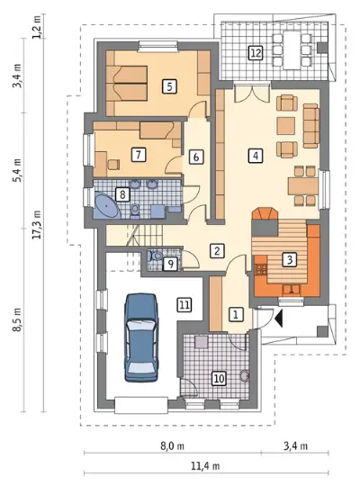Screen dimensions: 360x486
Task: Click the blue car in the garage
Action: click(x=141, y=337)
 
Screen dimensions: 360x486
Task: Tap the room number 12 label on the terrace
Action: click(x=256, y=53)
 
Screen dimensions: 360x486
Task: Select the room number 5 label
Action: click(x=169, y=86)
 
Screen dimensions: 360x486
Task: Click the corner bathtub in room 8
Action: click(x=106, y=205)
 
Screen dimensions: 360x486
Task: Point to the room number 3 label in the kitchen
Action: click(x=290, y=259)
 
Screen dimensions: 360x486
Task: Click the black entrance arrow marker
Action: click(x=279, y=318)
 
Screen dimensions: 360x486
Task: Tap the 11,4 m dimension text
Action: click(x=205, y=466)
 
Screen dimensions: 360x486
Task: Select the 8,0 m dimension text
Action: click(x=173, y=446)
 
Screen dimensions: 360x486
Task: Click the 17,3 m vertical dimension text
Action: click(x=37, y=224)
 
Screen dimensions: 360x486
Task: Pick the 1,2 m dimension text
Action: click(x=37, y=28)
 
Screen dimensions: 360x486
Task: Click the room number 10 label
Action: click(x=219, y=378)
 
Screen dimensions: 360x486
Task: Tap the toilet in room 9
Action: click(x=156, y=256)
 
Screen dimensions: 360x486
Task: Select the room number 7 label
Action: click(x=139, y=155)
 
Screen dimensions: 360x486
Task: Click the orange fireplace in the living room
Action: click(x=265, y=214)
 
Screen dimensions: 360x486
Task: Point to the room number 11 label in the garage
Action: click(x=184, y=305)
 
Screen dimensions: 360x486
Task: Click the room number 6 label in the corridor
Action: click(x=196, y=157)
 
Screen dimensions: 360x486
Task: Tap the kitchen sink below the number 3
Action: click(x=292, y=290)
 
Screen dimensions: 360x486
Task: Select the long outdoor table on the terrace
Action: click(x=292, y=50)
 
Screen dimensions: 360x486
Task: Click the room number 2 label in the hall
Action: click(x=217, y=251)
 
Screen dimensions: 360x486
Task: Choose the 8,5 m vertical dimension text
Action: click(x=17, y=319)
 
